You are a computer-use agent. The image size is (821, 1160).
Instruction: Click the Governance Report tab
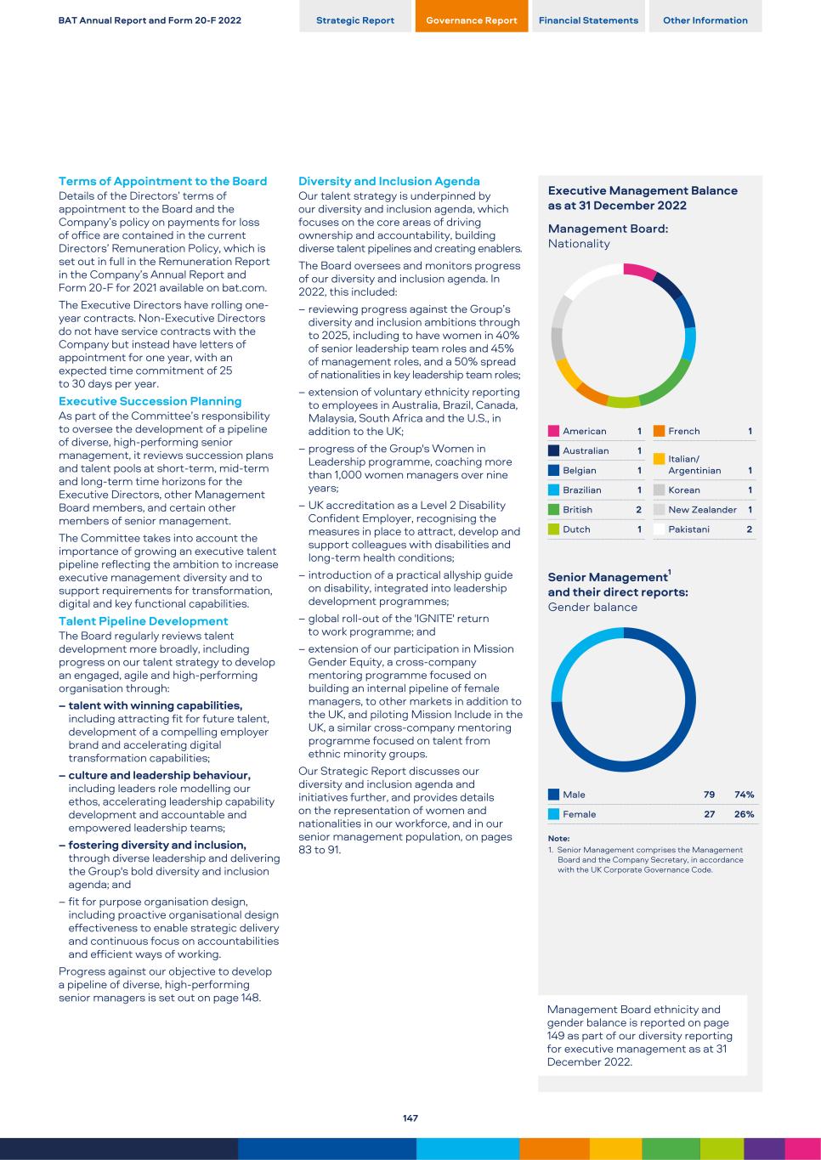pos(471,20)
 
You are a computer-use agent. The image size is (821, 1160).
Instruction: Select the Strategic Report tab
pos(355,20)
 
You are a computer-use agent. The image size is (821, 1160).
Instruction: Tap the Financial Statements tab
pos(588,20)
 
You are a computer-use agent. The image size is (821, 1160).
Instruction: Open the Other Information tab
pos(705,20)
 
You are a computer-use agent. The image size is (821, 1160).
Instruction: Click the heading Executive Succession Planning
pos(150,401)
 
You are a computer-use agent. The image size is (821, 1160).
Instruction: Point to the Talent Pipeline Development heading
pos(143,621)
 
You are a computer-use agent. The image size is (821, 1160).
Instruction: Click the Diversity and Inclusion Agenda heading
pos(388,181)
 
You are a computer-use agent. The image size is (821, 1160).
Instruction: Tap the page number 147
pos(410,1118)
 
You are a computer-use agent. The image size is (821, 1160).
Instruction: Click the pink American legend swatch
pos(554,432)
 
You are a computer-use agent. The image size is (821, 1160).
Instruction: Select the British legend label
pos(577,510)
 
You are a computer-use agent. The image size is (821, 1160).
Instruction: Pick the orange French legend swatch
pos(659,432)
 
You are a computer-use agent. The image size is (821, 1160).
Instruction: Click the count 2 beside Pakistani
pos(750,529)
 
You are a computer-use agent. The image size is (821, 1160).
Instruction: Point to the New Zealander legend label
pos(702,510)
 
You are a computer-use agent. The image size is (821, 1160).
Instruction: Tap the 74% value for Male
pos(745,795)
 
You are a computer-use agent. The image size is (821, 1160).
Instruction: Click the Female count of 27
pos(709,814)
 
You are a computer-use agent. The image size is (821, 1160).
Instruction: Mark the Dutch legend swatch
pos(554,529)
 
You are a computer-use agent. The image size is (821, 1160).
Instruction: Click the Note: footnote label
pos(558,839)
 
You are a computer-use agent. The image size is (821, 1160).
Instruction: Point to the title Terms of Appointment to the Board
pos(162,181)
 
